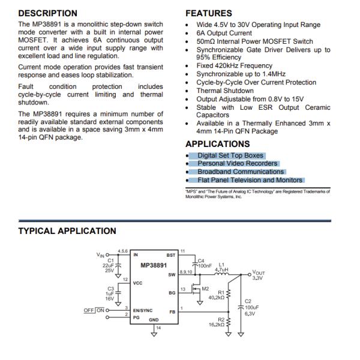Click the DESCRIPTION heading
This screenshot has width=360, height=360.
click(x=47, y=13)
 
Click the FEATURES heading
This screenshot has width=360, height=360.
click(x=208, y=13)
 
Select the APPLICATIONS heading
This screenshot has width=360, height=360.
click(x=217, y=144)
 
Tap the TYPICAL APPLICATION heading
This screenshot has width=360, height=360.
click(x=67, y=231)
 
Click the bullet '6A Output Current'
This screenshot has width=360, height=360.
click(x=224, y=33)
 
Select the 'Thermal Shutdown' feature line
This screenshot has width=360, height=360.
click(x=225, y=91)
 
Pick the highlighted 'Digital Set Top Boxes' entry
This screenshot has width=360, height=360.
click(x=230, y=155)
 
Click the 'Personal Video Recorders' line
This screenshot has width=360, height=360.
click(x=238, y=163)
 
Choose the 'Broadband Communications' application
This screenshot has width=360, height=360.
click(x=241, y=172)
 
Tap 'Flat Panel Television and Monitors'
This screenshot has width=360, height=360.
click(x=250, y=180)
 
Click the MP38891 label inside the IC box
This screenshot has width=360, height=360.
click(x=154, y=265)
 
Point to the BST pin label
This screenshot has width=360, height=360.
click(x=171, y=254)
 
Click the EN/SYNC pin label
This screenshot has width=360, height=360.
click(x=143, y=310)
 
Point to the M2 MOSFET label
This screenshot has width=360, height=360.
click(x=205, y=289)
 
